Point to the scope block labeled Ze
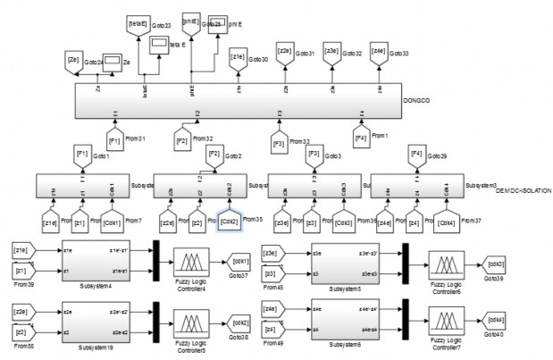pyautogui.click(x=113, y=63)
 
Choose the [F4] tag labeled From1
pyautogui.click(x=362, y=139)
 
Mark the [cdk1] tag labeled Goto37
pyautogui.click(x=240, y=262)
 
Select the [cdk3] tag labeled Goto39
pyautogui.click(x=496, y=264)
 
